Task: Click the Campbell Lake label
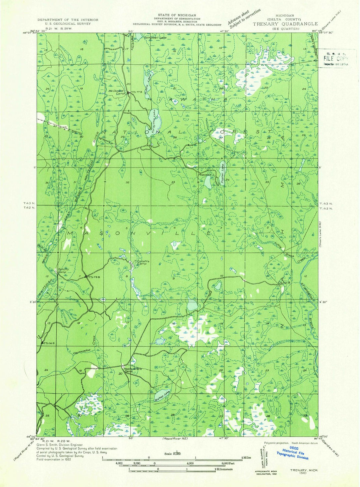coord(155,38)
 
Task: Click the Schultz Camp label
coord(63,271)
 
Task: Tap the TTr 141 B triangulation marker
coord(42,342)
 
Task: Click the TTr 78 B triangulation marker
coord(86,276)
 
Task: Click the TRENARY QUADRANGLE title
coord(285,24)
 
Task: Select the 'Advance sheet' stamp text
coord(239,17)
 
